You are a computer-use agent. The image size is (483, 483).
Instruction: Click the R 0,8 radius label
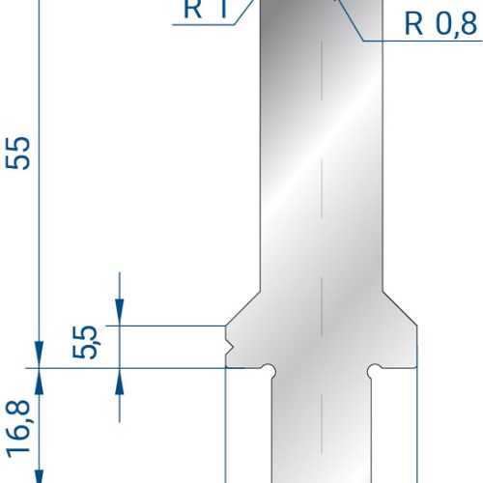pos(440,26)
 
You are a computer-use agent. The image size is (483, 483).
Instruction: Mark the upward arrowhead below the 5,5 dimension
pos(119,380)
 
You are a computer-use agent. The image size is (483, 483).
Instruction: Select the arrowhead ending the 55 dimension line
pos(38,355)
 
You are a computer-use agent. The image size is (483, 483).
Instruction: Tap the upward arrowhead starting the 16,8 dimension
pos(38,379)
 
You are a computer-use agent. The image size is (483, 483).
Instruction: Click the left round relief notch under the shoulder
pos(270,368)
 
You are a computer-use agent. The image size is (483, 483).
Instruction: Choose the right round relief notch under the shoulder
pos(373,368)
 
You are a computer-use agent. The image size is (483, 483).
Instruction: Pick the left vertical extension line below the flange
pos(224,425)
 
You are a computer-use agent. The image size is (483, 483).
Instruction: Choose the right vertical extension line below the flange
pos(416,425)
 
